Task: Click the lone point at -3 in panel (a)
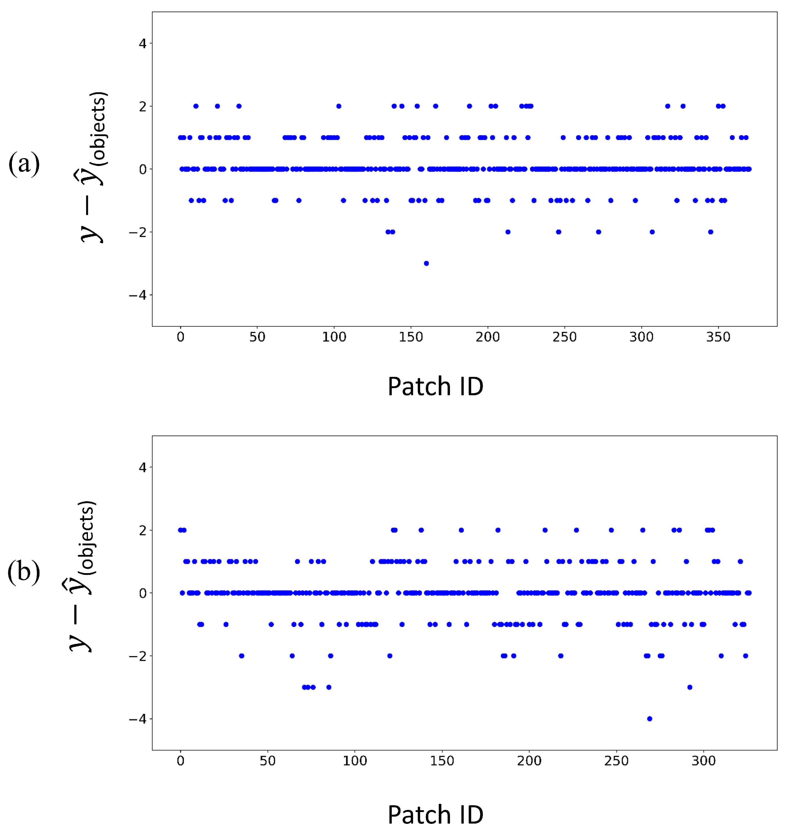point(426,263)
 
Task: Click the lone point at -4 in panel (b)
point(649,719)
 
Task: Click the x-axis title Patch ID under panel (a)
point(435,386)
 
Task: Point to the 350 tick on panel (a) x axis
point(718,337)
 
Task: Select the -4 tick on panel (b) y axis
point(138,719)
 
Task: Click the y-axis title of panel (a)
point(93,167)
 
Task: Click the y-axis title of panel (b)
point(82,576)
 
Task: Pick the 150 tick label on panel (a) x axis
point(411,337)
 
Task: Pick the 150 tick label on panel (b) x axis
point(442,761)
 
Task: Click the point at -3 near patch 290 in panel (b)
point(690,687)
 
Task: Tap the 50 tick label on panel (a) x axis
point(257,337)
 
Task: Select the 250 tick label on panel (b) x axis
point(616,761)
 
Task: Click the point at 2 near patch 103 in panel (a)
point(339,106)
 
